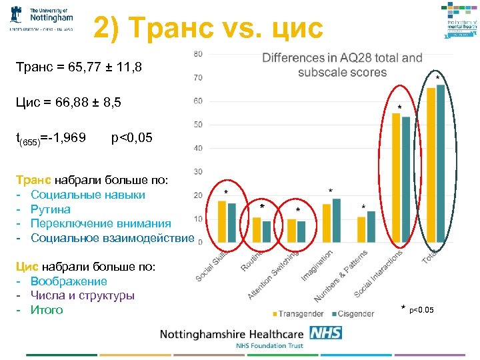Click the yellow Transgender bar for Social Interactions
tap(396, 177)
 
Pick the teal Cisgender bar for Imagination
tap(336, 220)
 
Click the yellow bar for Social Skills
tap(222, 221)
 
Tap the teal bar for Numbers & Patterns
tap(371, 226)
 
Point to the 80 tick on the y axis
tap(198, 53)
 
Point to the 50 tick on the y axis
tap(198, 125)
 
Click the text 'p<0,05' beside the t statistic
tap(132, 138)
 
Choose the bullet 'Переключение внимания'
tap(100, 224)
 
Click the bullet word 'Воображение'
tap(69, 281)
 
